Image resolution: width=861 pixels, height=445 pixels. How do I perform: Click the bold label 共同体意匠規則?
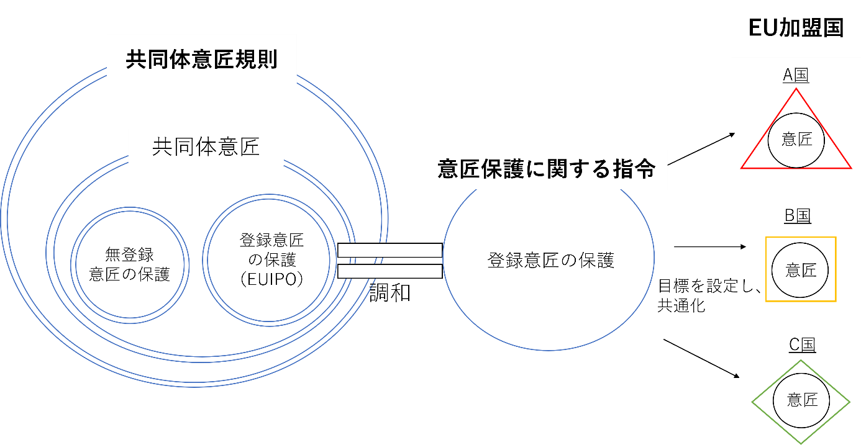pyautogui.click(x=201, y=60)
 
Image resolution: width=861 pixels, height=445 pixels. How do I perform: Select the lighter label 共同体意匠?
pyautogui.click(x=206, y=148)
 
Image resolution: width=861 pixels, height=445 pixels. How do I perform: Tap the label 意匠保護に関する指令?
pyautogui.click(x=546, y=169)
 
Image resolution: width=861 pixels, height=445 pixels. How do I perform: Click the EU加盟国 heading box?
pyautogui.click(x=796, y=29)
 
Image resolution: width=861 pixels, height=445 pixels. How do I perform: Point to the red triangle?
pyautogui.click(x=796, y=140)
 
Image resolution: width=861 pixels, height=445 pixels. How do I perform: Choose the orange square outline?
pyautogui.click(x=801, y=269)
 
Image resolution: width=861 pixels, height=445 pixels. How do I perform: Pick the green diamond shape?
pyautogui.click(x=801, y=402)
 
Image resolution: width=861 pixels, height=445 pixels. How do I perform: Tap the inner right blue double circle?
pyautogui.click(x=268, y=259)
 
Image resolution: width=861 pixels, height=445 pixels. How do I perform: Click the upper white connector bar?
pyautogui.click(x=389, y=250)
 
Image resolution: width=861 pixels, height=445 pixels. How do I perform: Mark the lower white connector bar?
pyautogui.click(x=389, y=271)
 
